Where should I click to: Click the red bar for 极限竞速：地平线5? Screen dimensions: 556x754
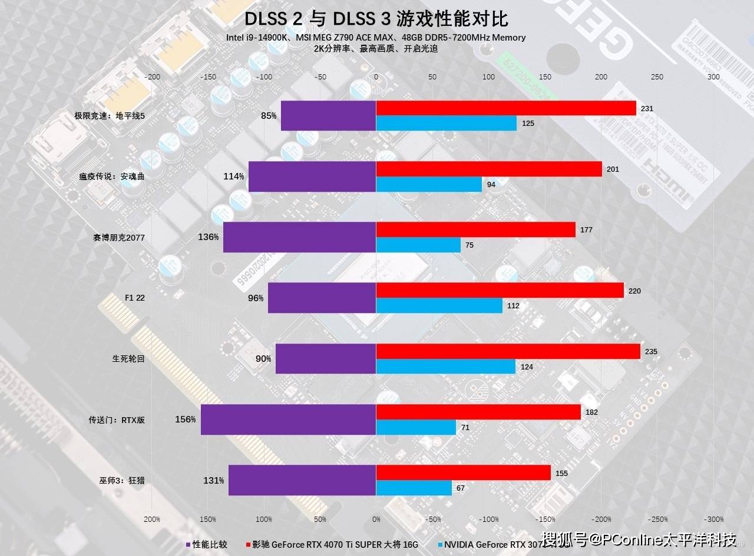pos(505,108)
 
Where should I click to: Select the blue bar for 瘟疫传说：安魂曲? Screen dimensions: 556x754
pos(429,184)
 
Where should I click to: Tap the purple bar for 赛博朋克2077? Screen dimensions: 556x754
pos(299,237)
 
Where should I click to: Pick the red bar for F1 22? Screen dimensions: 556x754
pos(500,290)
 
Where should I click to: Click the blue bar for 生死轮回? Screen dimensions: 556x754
pos(445,366)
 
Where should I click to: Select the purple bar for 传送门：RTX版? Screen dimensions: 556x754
pos(288,420)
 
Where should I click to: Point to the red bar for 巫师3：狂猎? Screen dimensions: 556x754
pos(463,472)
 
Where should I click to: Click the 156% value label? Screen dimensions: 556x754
pos(185,420)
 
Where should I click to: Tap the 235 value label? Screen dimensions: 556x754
pos(651,351)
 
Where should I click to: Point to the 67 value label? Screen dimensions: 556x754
pos(461,488)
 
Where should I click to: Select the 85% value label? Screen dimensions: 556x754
pos(269,116)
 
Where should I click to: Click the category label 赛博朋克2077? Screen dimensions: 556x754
pos(118,238)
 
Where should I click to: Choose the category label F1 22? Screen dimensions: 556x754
pos(134,298)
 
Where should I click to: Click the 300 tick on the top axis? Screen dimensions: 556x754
pos(713,76)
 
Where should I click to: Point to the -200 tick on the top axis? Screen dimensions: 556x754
pos(153,76)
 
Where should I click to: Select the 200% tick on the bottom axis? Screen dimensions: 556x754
pos(151,520)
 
